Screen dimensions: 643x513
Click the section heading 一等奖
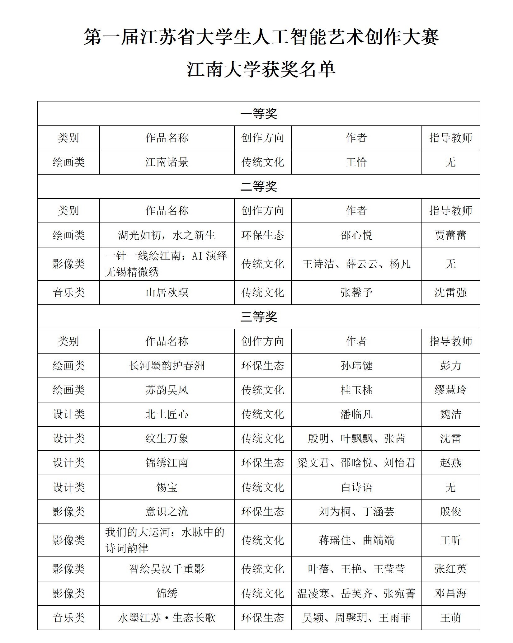[x=259, y=114]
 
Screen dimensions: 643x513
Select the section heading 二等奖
[x=259, y=186]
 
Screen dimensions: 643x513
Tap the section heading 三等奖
[x=259, y=317]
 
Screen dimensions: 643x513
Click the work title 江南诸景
[x=167, y=162]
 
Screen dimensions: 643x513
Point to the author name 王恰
[x=356, y=162]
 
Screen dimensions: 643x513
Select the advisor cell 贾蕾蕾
[x=450, y=235]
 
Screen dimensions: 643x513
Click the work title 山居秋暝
[x=167, y=293]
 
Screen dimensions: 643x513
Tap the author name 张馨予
[x=356, y=293]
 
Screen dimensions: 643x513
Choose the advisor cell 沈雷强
[x=450, y=293]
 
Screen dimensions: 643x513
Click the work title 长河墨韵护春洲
[x=167, y=365]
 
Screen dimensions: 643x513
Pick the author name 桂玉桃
[x=356, y=390]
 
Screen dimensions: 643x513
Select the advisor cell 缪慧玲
[x=450, y=390]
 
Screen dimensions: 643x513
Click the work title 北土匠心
[x=167, y=414]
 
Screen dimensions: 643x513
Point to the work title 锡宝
[x=167, y=487]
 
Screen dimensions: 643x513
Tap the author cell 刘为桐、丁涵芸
[x=356, y=511]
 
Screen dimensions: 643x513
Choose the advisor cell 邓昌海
[x=450, y=593]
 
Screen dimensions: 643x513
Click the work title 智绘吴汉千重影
[x=167, y=569]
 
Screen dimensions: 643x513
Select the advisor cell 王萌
[x=450, y=617]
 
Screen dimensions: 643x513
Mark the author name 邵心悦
[x=356, y=235]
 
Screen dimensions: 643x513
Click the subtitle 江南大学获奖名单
[x=261, y=69]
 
